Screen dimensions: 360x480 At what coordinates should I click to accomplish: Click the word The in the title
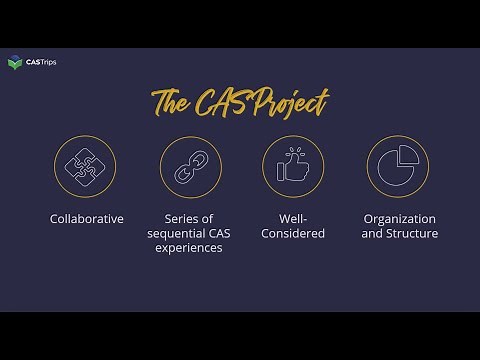point(172,102)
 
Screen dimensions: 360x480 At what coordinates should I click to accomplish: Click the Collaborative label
point(87,218)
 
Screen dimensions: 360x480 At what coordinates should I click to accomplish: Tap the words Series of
point(189,218)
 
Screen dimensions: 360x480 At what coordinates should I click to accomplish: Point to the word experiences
point(189,250)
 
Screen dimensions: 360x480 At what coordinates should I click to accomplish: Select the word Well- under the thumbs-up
point(291,218)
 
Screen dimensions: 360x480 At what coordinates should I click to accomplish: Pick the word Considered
point(291,234)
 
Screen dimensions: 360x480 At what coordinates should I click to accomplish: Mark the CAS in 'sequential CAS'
point(218,234)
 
